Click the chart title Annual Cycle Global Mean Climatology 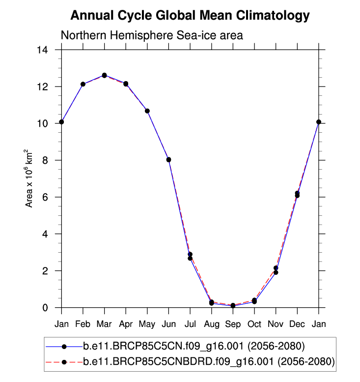tap(190, 16)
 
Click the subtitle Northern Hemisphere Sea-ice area tap(152, 36)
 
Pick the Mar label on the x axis tap(104, 324)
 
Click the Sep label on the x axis tap(233, 324)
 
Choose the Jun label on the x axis tap(168, 324)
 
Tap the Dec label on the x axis tap(297, 324)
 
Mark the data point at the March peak tap(104, 75)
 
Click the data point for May tap(147, 111)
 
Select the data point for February tap(83, 84)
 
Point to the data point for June tap(168, 159)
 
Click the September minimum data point tap(233, 306)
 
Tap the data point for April tap(126, 84)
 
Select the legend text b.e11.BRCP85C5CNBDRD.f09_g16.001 tap(209, 362)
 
